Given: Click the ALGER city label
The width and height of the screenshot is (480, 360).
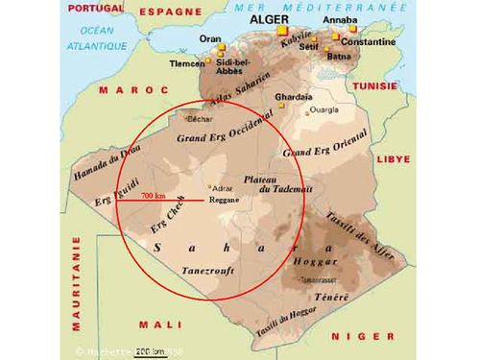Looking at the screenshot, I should (270, 18).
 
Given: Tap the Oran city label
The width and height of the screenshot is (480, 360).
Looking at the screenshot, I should (210, 38).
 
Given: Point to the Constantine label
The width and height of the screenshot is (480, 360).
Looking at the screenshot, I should (369, 42).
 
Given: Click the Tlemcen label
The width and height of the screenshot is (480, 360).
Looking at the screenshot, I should (187, 63).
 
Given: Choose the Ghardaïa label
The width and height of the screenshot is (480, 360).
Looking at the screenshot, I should (294, 97).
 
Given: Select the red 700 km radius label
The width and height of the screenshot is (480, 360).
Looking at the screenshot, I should (154, 196).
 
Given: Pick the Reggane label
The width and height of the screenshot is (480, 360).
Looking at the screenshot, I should (224, 200).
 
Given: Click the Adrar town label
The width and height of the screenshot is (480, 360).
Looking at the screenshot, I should (223, 188).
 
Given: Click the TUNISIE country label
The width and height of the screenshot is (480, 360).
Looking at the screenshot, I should (375, 85).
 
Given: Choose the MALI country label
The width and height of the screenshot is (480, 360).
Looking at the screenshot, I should (160, 324).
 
